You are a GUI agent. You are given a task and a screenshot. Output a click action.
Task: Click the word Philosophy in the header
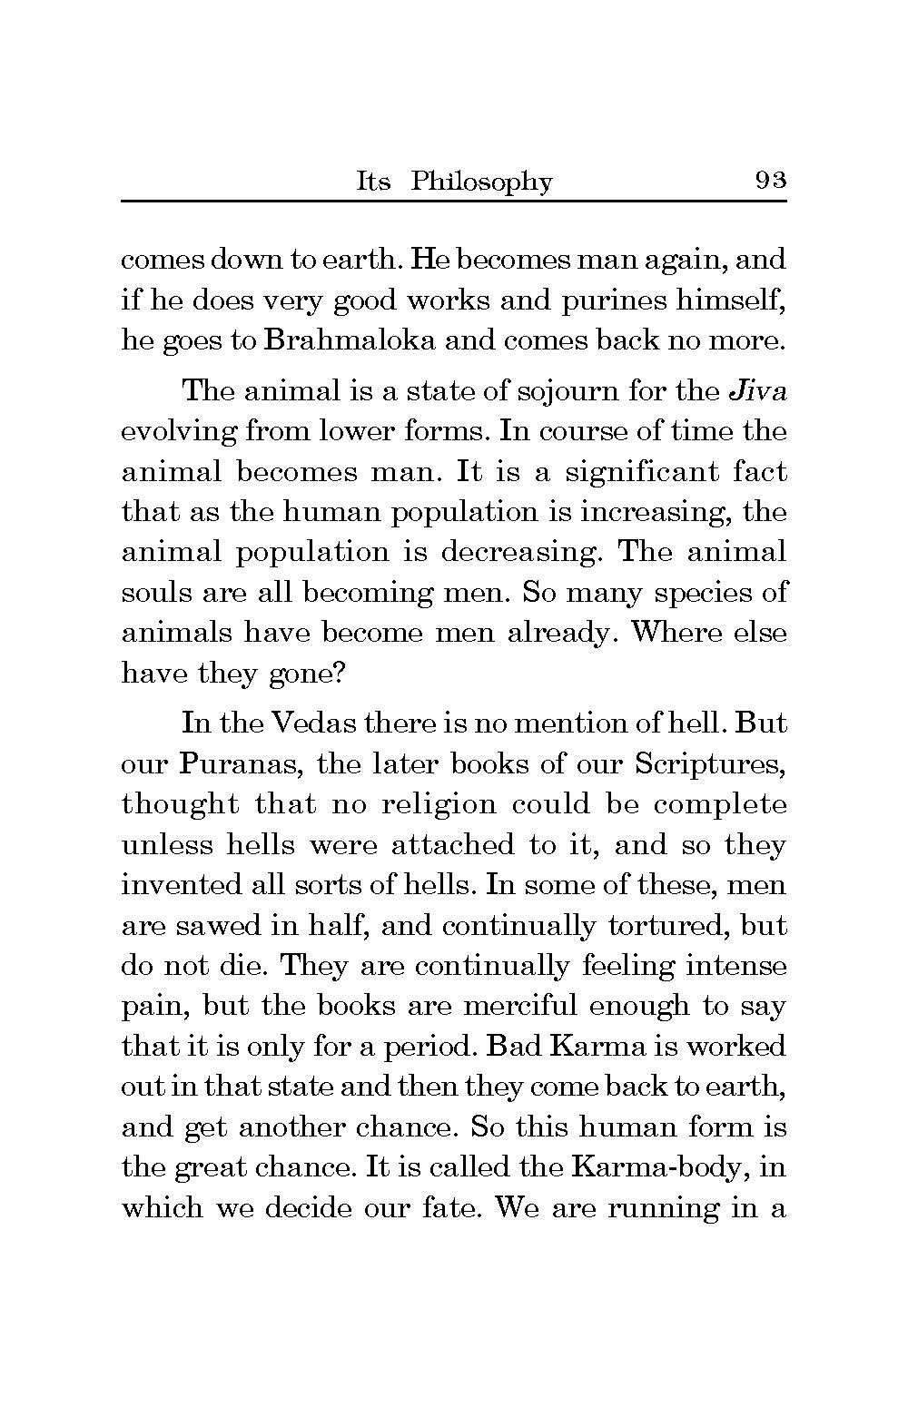(x=480, y=182)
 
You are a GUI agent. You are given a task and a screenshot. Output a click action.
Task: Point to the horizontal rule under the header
(x=453, y=200)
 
